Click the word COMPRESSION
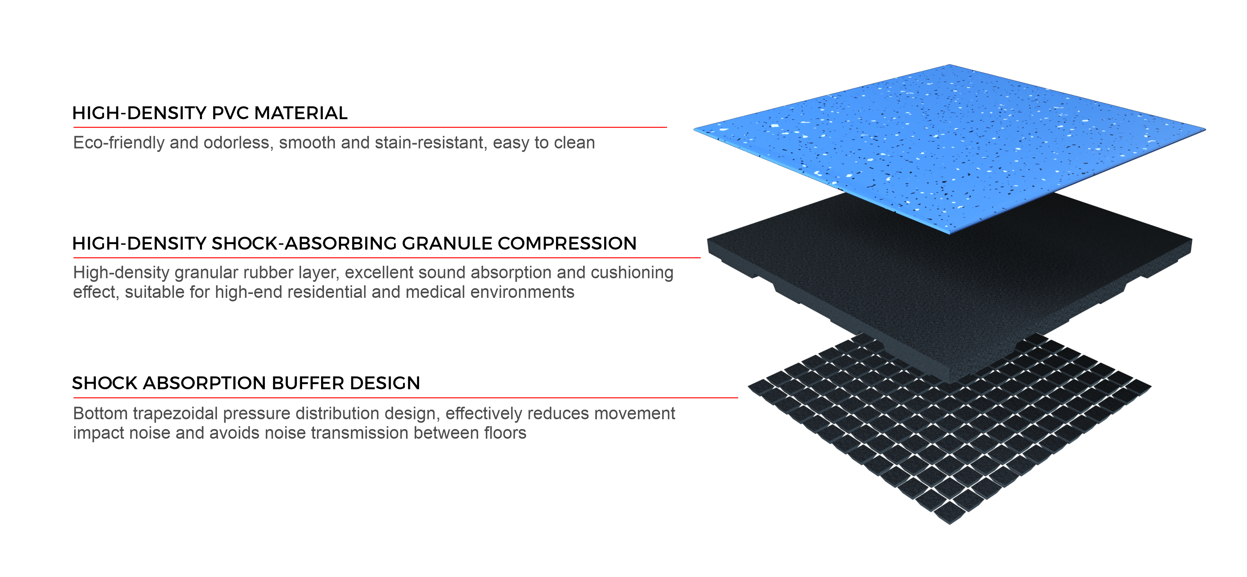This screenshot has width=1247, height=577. [x=567, y=244]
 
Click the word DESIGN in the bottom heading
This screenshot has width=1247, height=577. [x=385, y=383]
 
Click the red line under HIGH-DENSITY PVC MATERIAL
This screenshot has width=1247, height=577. [x=370, y=127]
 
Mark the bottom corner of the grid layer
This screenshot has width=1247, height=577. [x=949, y=524]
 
